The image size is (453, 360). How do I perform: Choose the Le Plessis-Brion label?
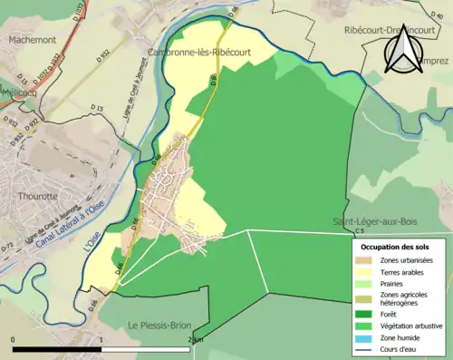pyautogui.click(x=159, y=326)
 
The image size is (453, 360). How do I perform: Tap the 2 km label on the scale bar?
pyautogui.click(x=196, y=338)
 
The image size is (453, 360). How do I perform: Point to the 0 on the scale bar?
pyautogui.click(x=13, y=338)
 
